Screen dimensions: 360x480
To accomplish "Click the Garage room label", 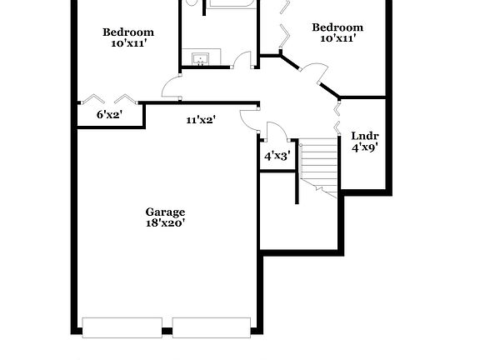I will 164,212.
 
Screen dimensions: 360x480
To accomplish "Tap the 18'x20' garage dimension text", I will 164,222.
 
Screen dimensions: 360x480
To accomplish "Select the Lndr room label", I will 364,136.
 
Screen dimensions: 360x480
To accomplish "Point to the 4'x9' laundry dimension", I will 364,147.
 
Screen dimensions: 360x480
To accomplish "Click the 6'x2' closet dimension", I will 109,114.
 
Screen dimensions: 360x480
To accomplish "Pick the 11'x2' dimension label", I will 201,120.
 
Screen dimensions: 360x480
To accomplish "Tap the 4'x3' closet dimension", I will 276,155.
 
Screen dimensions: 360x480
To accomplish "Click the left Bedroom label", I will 128,32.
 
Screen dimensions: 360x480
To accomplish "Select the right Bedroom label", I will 337,27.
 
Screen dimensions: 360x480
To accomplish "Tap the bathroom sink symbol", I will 201,59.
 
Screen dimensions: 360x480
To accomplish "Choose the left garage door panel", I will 122,327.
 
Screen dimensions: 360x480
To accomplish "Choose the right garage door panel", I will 212,327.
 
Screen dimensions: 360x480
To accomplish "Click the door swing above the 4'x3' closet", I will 275,132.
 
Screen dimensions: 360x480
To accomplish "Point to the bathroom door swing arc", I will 242,60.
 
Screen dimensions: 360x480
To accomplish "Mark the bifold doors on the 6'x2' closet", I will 109,99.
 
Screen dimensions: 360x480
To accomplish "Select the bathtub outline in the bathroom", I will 230,4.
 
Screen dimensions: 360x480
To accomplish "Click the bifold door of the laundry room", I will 337,117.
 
